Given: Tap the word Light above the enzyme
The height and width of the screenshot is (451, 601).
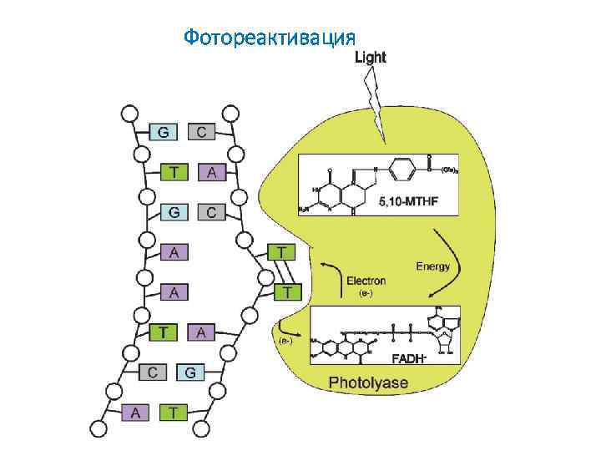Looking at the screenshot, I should tap(371, 58).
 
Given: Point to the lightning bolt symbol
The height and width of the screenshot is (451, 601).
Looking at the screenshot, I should tap(375, 105).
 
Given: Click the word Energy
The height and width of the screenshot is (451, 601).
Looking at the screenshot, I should tap(432, 266).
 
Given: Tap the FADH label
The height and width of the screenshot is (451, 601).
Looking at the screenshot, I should tap(409, 359).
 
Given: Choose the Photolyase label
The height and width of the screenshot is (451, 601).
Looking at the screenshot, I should tap(368, 383).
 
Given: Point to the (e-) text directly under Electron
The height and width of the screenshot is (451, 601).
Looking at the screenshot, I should tap(366, 294).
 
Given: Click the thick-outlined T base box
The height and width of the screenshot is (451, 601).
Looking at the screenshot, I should tap(164, 332).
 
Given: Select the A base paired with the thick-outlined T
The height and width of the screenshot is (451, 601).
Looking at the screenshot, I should tap(201, 332).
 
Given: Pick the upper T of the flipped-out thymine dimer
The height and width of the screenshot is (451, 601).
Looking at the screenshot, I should tap(281, 251).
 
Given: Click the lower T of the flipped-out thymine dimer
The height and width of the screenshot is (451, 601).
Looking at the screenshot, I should tap(287, 291).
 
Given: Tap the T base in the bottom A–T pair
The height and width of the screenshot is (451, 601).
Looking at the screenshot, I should tap(173, 411).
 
